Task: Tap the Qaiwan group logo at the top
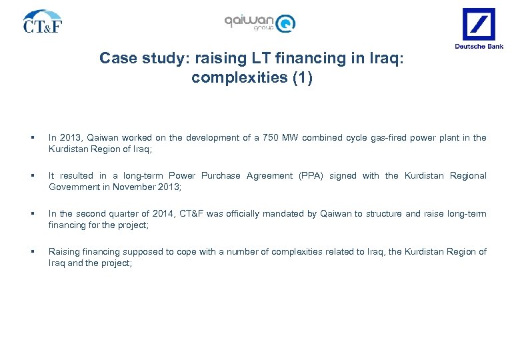pyautogui.click(x=259, y=22)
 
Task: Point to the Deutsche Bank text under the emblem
pyautogui.click(x=479, y=46)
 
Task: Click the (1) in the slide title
pyautogui.click(x=301, y=78)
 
